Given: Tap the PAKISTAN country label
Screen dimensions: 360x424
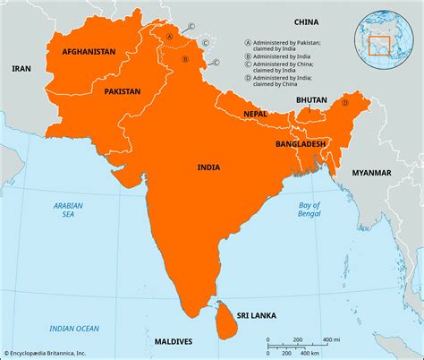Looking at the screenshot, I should pos(122,91).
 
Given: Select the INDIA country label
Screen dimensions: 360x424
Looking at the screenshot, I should pos(210,167).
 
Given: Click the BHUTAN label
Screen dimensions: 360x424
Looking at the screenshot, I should pos(312,101).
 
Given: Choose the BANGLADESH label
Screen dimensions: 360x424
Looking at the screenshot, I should pos(301,142).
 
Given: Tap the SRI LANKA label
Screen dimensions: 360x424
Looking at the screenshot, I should pos(255,315).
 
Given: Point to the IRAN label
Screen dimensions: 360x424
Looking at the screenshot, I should pos(21,68).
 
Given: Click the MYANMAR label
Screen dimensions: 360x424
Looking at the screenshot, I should pos(371,171).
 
